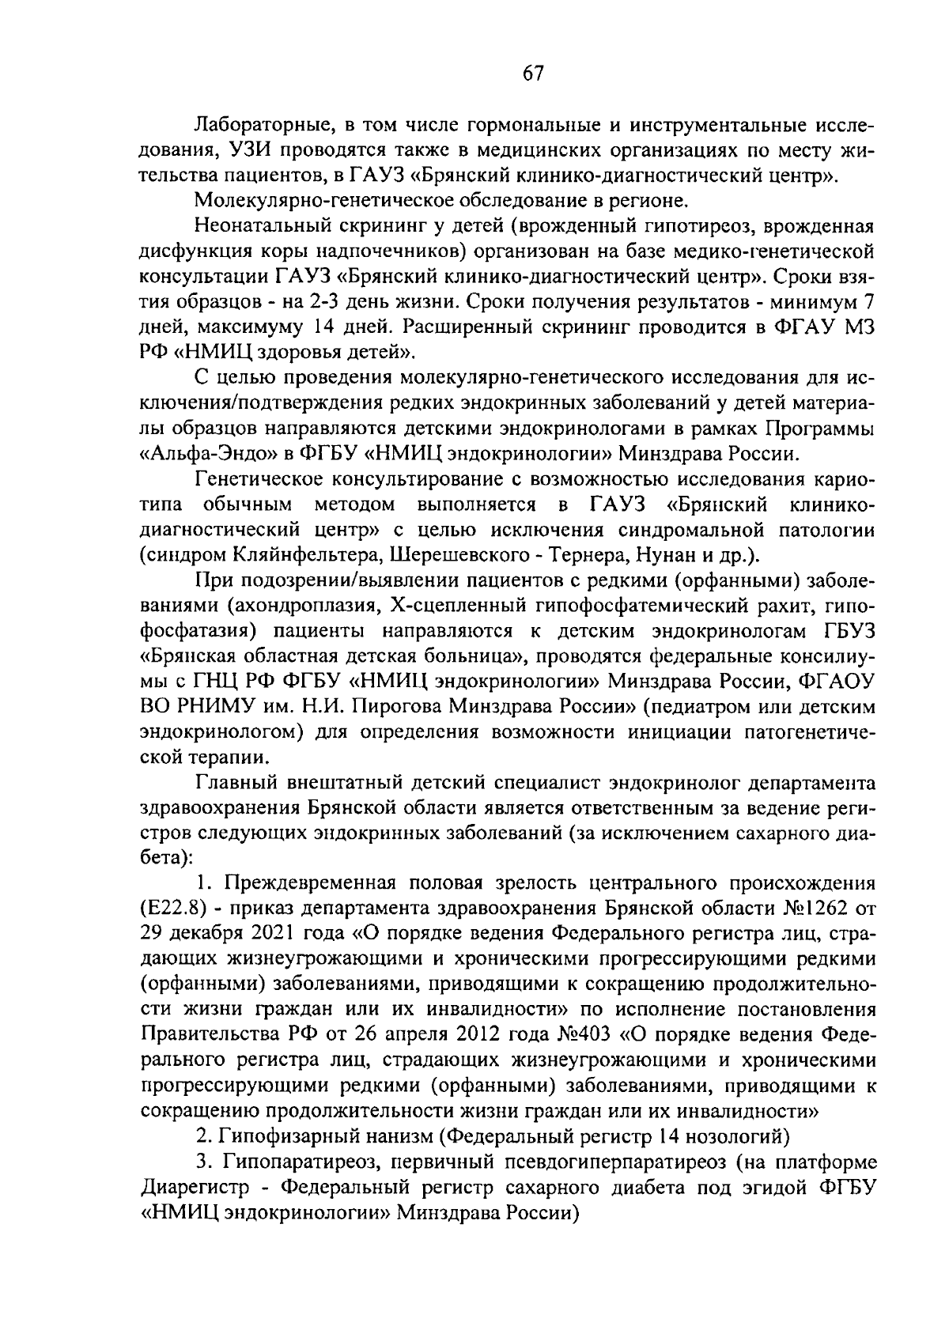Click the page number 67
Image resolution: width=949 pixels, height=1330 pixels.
(x=533, y=74)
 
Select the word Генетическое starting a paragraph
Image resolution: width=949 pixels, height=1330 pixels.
(x=262, y=479)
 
